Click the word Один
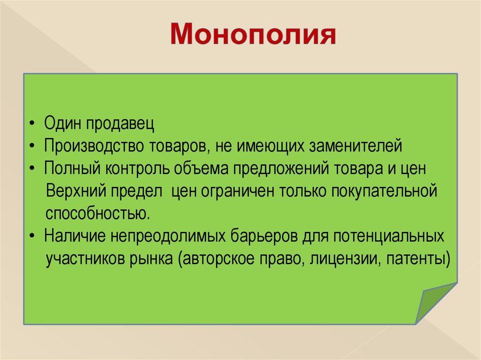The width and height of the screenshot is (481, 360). (63, 123)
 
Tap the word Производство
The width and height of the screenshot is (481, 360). (93, 146)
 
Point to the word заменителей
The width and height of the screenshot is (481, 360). (356, 146)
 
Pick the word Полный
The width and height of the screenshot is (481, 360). (72, 168)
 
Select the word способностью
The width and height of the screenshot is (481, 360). (98, 213)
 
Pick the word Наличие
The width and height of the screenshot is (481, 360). (75, 236)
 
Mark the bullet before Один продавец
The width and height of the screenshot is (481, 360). (32, 124)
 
